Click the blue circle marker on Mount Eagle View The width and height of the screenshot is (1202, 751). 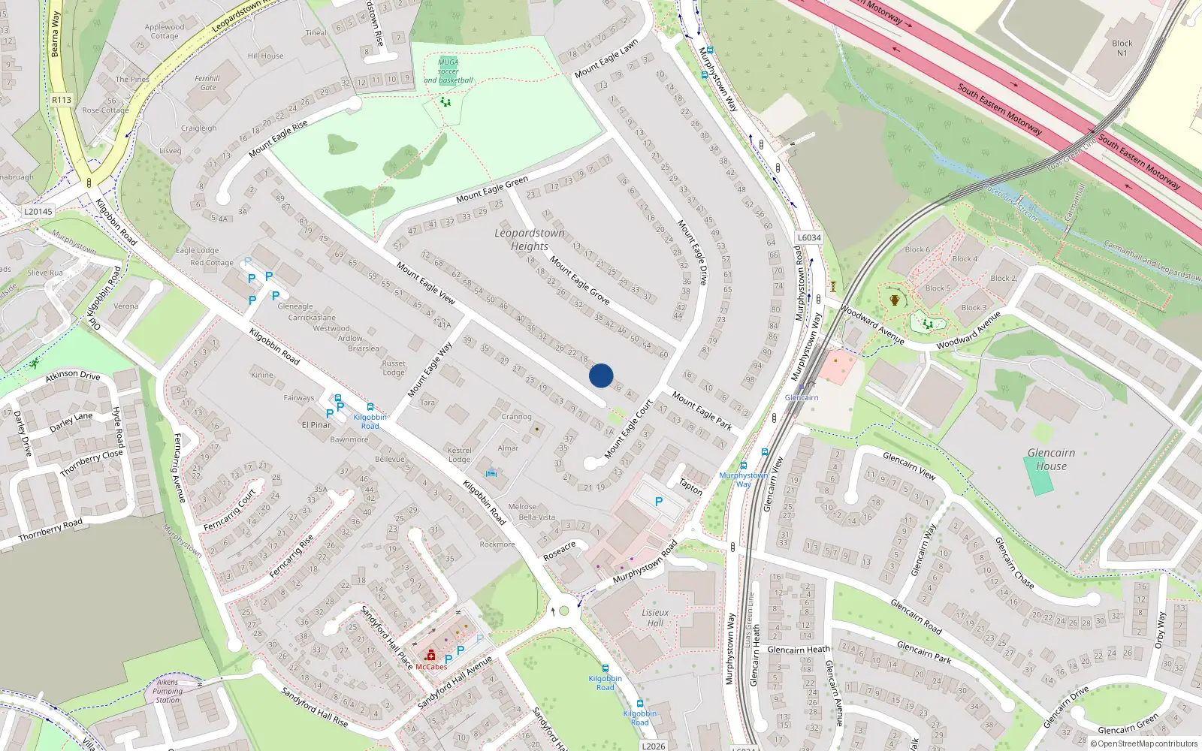coord(601,375)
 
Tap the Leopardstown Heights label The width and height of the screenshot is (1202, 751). coord(529,240)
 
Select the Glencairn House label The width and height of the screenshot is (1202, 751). coord(1051,459)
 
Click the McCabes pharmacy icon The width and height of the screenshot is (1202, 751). coord(430,656)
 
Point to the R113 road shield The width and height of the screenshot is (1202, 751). coord(62,100)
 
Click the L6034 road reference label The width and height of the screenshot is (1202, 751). coord(809,237)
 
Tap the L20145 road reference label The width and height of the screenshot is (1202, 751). coord(38,212)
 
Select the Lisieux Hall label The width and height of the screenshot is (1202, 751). coord(655,617)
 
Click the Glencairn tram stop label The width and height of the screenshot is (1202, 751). coord(802,397)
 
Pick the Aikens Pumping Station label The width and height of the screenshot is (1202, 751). coord(168,691)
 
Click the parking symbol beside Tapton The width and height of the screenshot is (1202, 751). coord(659,502)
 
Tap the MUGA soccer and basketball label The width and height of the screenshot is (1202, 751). coord(448,71)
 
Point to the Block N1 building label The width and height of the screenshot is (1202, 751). coord(1122,48)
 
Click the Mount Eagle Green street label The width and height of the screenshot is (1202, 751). coord(492,189)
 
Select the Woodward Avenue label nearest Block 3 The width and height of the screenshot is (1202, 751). coord(968,330)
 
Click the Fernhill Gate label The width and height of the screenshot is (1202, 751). coord(207,83)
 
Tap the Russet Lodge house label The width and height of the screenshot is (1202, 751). coord(393,368)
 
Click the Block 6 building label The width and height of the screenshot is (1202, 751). coord(917,249)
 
